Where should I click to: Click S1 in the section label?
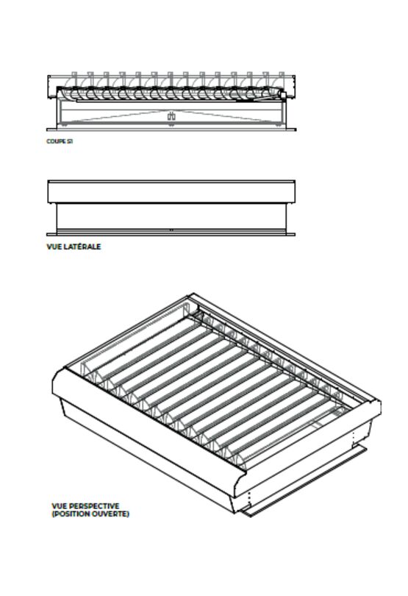(70, 141)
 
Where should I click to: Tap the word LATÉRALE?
(82, 246)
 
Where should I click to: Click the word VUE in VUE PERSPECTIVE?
(60, 506)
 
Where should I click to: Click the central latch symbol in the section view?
(171, 116)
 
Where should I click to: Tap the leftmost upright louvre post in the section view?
(74, 79)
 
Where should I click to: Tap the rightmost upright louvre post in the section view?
(282, 79)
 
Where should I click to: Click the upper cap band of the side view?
(171, 192)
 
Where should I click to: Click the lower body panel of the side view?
(171, 216)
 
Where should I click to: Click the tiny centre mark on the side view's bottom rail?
(171, 230)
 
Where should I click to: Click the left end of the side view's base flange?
(47, 235)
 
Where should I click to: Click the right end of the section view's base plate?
(296, 130)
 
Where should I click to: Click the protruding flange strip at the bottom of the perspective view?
(304, 480)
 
